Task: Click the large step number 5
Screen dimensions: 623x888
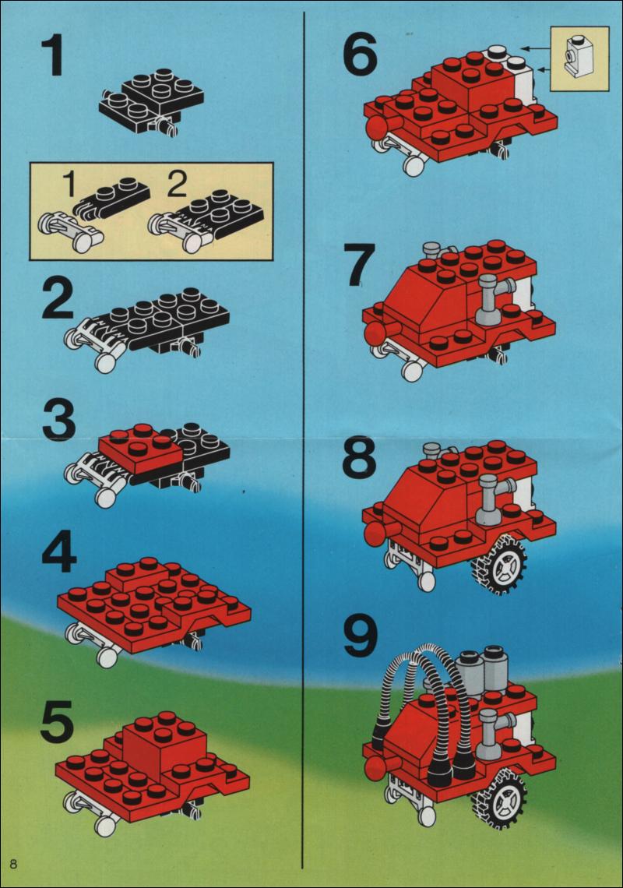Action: (x=58, y=721)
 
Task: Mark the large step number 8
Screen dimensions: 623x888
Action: (x=359, y=457)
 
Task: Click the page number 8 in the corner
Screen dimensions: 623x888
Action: (x=13, y=863)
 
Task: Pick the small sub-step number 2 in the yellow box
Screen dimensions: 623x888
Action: (x=177, y=184)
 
